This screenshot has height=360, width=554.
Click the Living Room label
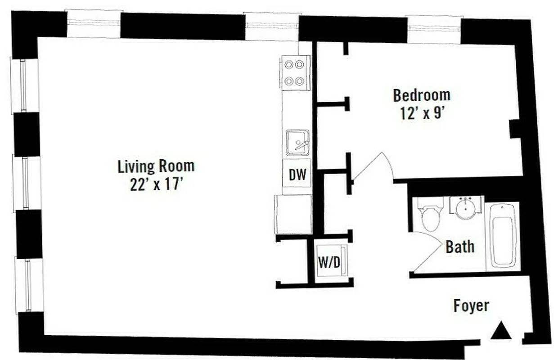[156, 166]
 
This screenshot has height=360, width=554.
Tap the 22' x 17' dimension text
[156, 184]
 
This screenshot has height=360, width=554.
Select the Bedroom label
[422, 95]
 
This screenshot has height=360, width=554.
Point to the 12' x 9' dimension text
[422, 113]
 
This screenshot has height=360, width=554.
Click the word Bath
[459, 247]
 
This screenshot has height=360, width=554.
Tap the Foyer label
[471, 306]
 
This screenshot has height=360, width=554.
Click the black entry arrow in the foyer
[500, 332]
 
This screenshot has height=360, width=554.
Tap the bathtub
[503, 236]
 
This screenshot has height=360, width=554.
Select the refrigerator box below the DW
[293, 214]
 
